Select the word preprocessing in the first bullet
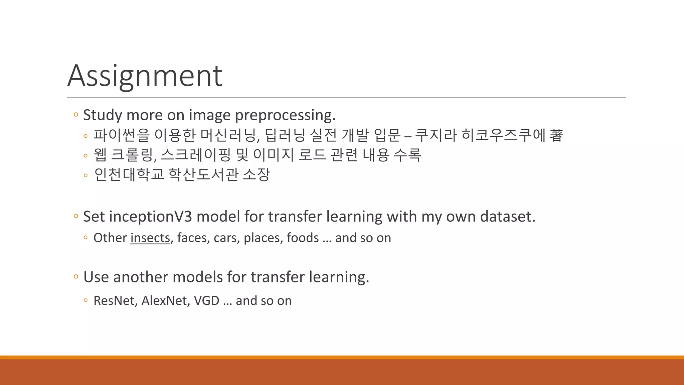click(x=285, y=115)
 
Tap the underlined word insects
click(x=150, y=238)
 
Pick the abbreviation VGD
click(x=206, y=301)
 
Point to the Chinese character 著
click(x=556, y=135)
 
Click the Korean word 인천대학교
click(x=129, y=174)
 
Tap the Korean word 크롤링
click(x=133, y=155)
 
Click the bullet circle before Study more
click(x=76, y=115)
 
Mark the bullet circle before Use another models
click(x=76, y=277)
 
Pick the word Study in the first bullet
click(x=103, y=115)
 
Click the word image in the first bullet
click(x=210, y=115)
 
